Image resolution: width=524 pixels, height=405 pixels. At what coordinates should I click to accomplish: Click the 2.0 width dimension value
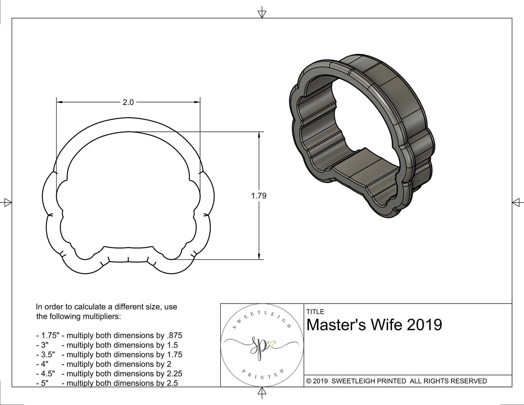click(x=128, y=102)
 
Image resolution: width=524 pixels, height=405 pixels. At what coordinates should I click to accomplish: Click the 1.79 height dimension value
click(x=259, y=196)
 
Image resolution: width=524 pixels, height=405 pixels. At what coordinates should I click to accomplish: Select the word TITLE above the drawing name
click(x=315, y=312)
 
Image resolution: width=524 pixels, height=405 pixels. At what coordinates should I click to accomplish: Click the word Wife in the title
click(x=385, y=325)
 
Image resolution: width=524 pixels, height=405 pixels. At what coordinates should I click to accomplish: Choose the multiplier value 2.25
click(x=174, y=374)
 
